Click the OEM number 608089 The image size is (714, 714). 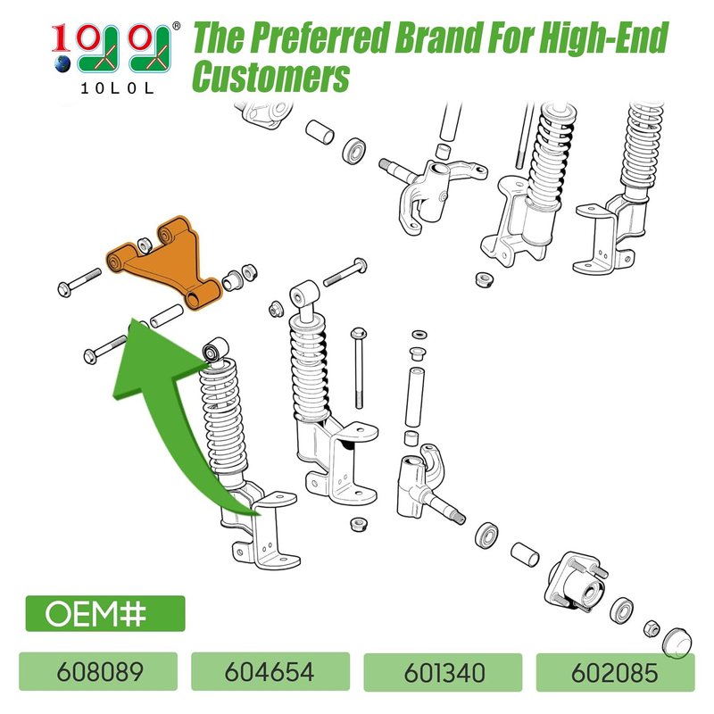(100, 672)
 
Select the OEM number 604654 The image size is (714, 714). (270, 672)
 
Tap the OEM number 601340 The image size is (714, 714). (444, 673)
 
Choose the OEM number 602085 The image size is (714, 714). (615, 673)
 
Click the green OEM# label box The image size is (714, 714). (105, 613)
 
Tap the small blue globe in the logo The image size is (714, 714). (62, 63)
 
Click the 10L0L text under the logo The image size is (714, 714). (117, 87)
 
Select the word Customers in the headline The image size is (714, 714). (271, 77)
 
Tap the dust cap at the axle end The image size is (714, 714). (677, 643)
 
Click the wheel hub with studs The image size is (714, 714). (577, 585)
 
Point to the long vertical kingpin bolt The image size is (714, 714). (359, 368)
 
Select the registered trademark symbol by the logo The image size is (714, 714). (176, 27)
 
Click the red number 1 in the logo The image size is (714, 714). (61, 38)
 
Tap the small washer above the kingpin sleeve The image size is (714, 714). (419, 335)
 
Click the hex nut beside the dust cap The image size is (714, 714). (652, 629)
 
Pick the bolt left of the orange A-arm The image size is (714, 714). (79, 282)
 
